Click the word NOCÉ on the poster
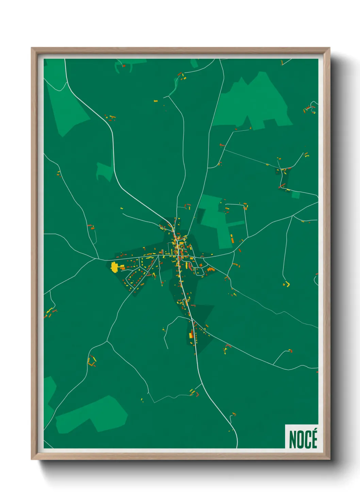point(303,439)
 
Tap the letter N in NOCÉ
point(292,440)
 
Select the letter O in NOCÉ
point(299,440)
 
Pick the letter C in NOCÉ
point(307,440)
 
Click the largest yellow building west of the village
point(114,267)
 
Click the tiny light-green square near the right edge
point(296,195)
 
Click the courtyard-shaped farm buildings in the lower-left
point(92,361)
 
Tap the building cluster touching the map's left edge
point(49,312)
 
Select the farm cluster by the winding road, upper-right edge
point(310,108)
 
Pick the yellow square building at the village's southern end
point(191,335)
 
